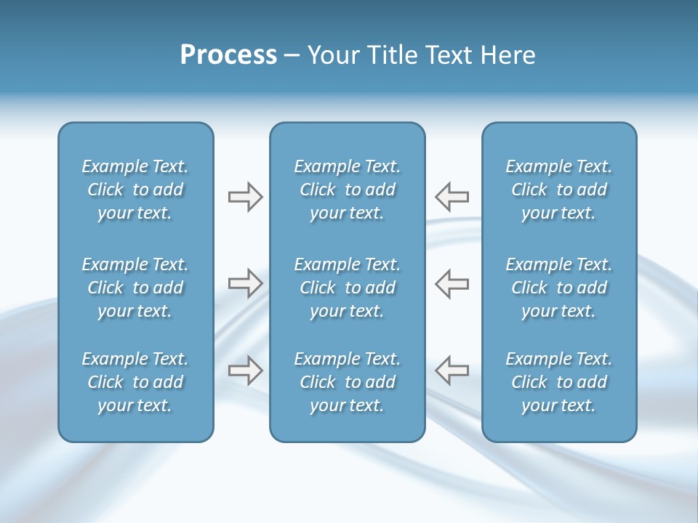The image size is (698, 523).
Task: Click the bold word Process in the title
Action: [228, 55]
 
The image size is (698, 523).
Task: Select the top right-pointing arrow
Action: [245, 197]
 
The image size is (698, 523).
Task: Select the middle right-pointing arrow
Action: [245, 283]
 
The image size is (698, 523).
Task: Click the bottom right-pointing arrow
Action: [245, 370]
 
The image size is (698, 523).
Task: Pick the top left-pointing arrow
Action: [452, 197]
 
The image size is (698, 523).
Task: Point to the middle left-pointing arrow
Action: [452, 283]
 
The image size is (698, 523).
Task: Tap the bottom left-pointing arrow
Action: [452, 370]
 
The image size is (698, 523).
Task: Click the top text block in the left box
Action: [135, 190]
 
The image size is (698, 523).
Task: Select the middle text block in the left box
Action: [135, 288]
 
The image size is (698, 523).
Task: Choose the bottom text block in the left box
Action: [135, 382]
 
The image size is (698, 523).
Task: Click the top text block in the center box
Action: [347, 190]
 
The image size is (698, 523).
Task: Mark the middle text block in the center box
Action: [347, 288]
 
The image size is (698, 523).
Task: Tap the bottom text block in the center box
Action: [347, 382]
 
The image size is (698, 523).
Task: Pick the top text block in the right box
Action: [558, 190]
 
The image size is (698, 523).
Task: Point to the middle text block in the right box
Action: [558, 288]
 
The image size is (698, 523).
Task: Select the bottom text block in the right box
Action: [558, 382]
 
